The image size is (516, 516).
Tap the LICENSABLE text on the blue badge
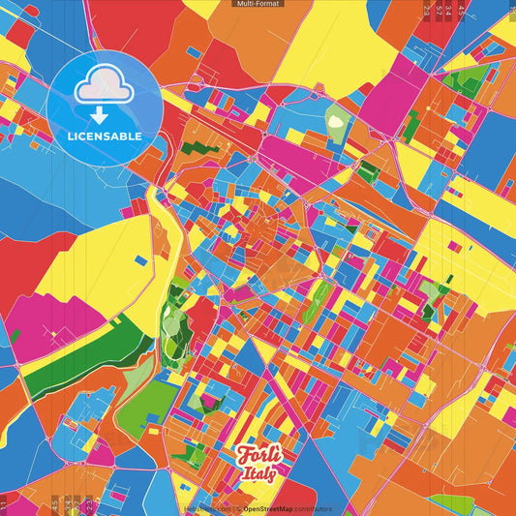coord(105,137)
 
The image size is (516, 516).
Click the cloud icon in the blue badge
coord(105,87)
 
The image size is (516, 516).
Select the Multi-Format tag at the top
coord(258,4)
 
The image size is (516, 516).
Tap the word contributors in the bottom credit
coord(313,508)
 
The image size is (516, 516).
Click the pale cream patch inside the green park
coord(336,123)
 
